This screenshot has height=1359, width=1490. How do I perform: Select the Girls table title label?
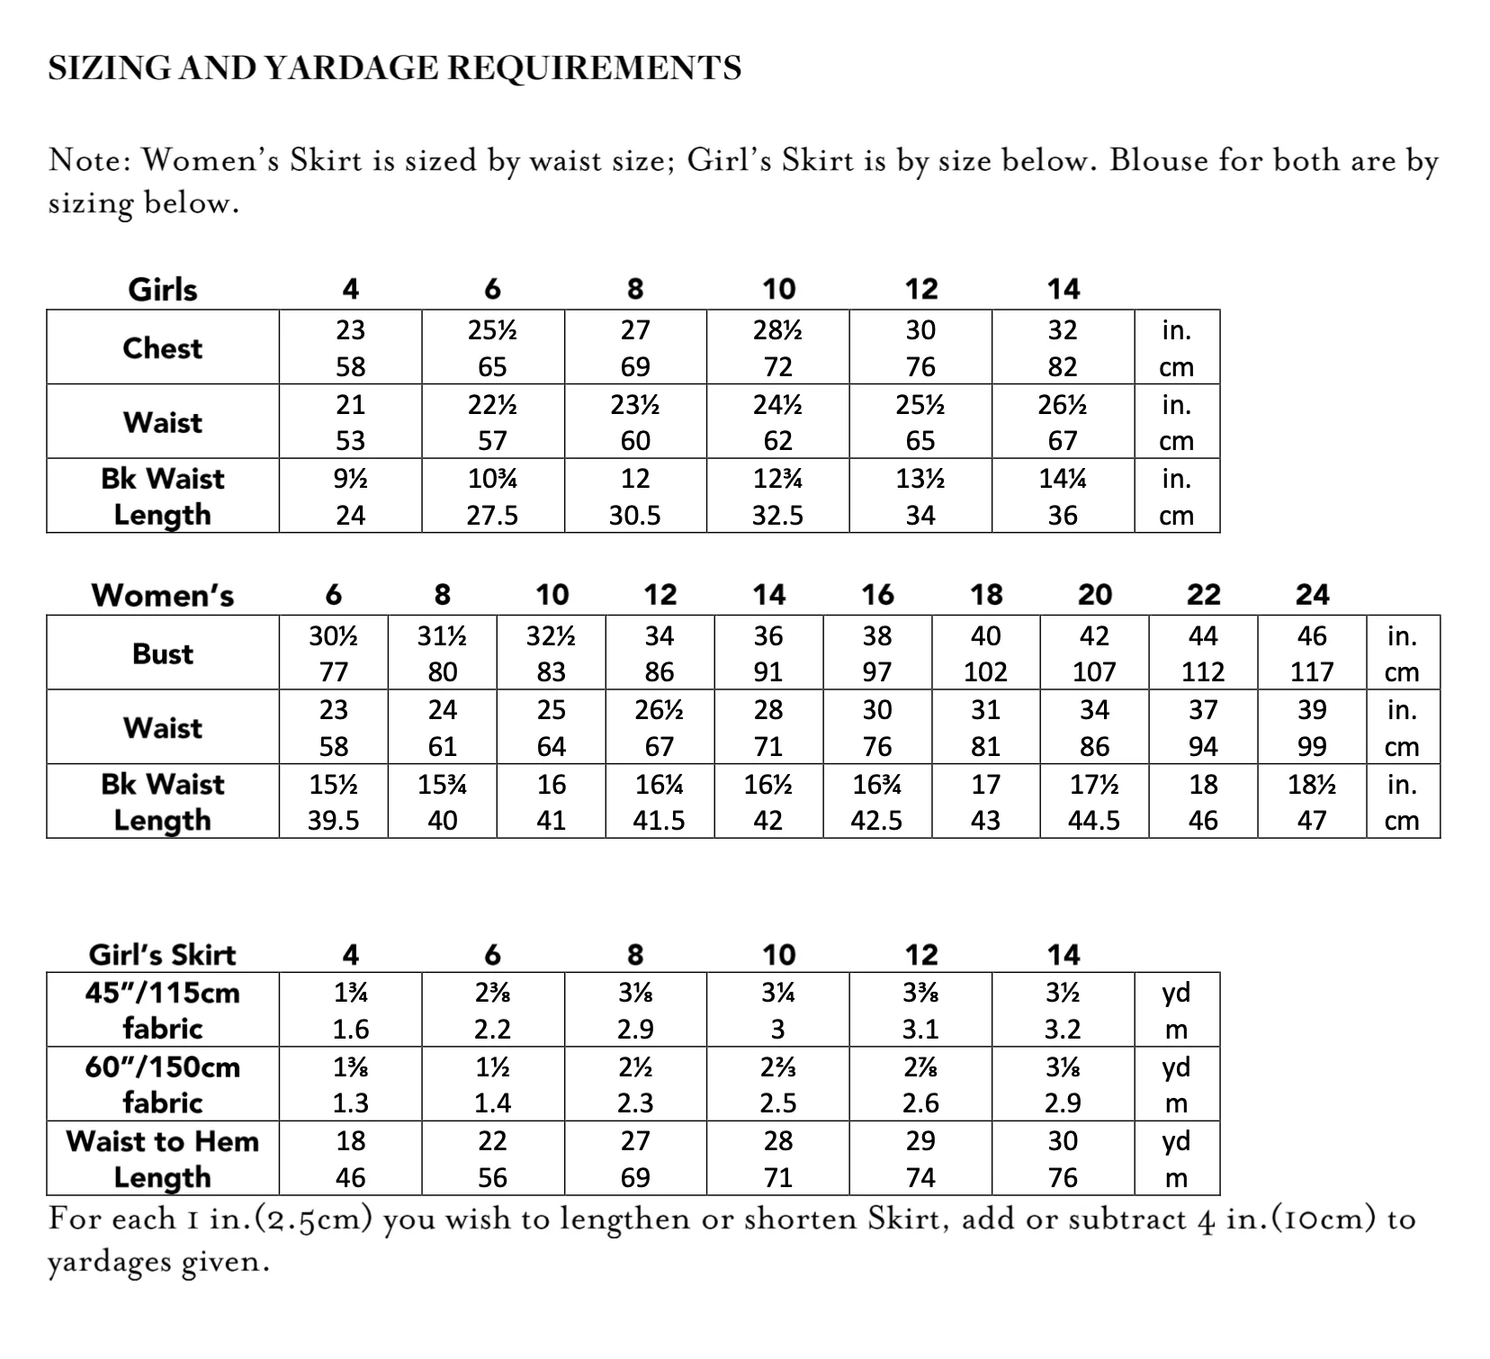(163, 290)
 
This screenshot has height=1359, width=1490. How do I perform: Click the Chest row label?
(163, 348)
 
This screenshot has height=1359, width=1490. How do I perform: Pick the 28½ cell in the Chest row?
(777, 330)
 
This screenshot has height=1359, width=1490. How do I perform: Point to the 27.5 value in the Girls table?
(492, 516)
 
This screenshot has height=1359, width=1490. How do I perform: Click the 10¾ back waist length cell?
(492, 479)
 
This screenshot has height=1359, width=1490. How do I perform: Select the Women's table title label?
(163, 595)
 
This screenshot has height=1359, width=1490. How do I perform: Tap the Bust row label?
(163, 653)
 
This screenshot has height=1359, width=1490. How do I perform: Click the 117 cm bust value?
(1312, 672)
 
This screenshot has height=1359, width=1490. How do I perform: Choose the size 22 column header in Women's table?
(1203, 595)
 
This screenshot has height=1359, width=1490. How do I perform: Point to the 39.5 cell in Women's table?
(333, 821)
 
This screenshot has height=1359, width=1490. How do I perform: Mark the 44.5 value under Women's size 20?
(1094, 821)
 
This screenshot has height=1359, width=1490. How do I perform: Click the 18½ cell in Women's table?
(1312, 785)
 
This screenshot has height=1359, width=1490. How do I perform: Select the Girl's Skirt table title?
(163, 954)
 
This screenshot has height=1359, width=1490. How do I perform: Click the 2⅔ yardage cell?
(777, 1067)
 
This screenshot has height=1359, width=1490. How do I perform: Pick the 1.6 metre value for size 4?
(350, 1029)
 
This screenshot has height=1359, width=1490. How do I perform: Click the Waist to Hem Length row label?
(163, 1159)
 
